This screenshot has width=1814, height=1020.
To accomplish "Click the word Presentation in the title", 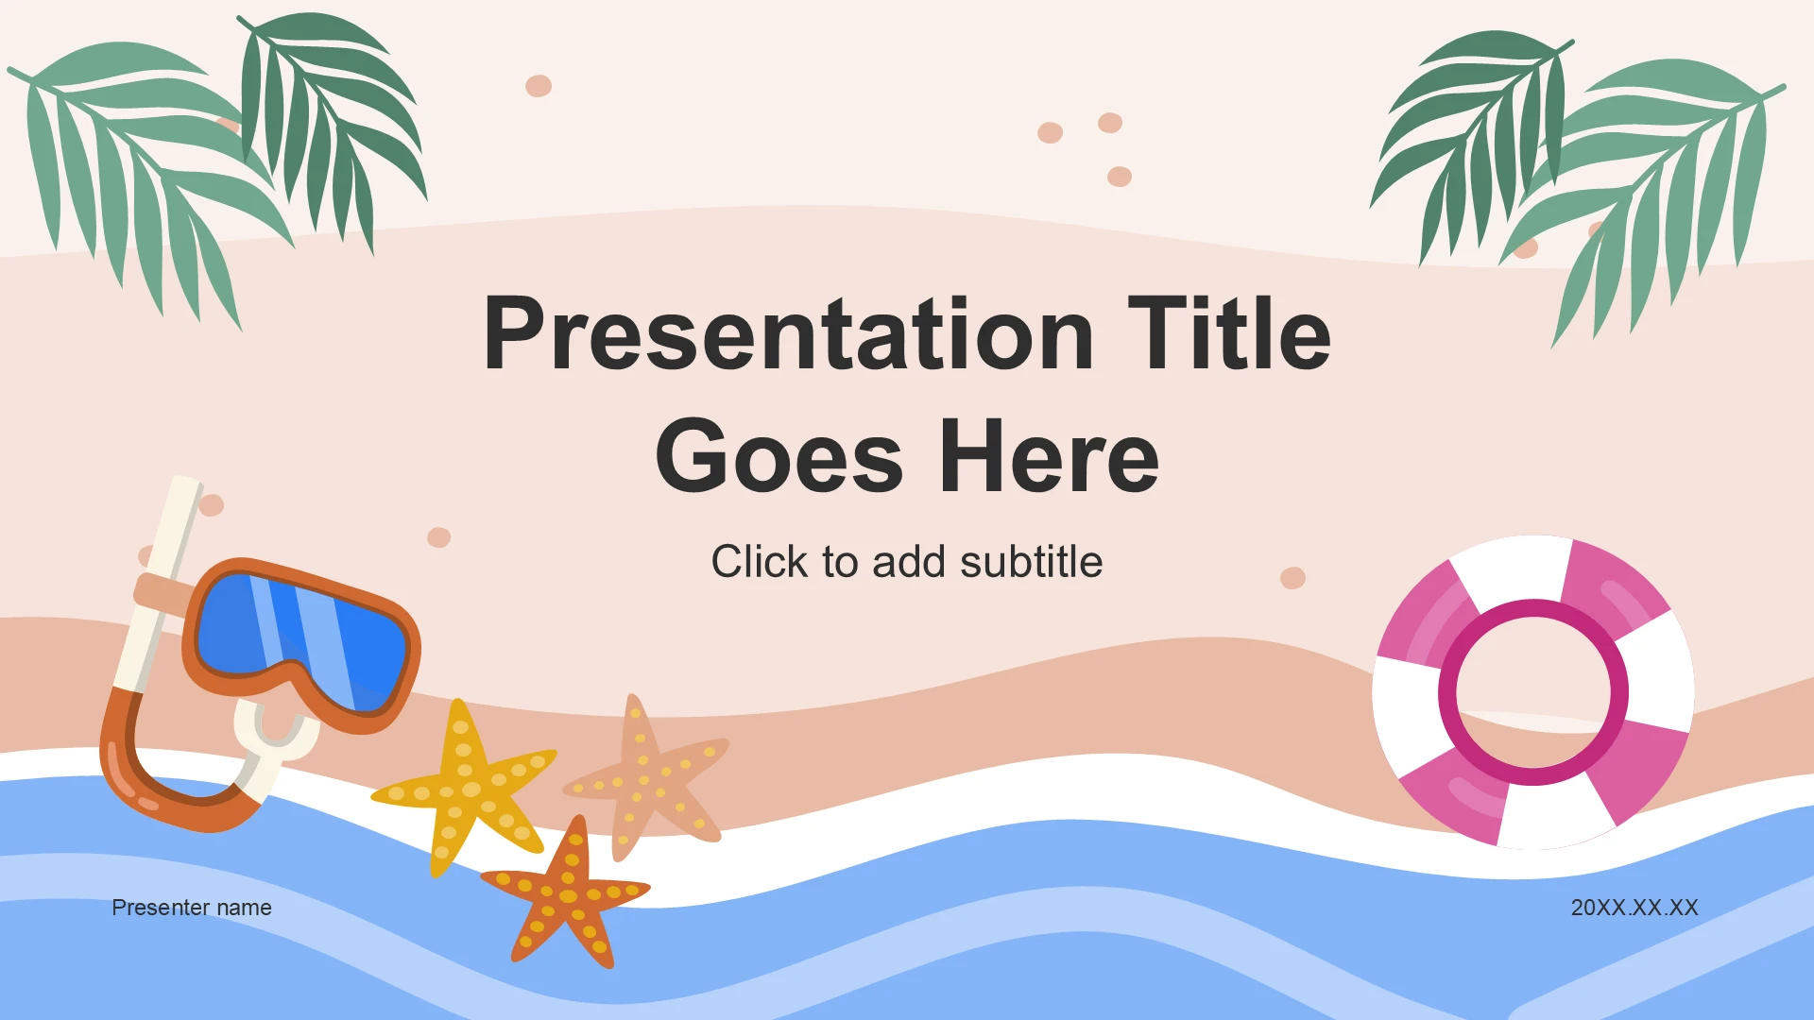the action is (789, 334).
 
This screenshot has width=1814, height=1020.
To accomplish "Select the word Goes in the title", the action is (779, 457).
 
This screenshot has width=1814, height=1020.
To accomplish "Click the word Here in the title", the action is (1049, 457).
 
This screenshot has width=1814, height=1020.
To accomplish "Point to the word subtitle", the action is (1031, 562).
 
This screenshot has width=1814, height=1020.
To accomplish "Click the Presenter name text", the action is (192, 908).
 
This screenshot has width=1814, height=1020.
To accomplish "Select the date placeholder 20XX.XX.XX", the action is (1634, 908).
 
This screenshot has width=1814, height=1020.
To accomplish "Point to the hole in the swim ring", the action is (1533, 692).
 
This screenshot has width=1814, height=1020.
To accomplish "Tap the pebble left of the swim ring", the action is (1292, 577).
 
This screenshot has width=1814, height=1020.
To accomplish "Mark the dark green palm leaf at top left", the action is (331, 123).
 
